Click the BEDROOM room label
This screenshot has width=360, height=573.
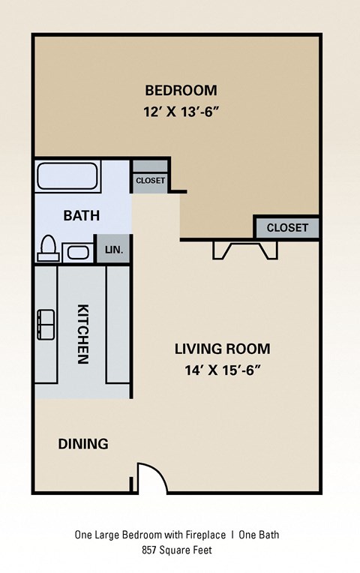181,91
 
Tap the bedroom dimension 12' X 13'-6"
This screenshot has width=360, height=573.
181,112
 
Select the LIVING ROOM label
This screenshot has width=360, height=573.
222,349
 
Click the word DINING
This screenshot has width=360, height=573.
83,444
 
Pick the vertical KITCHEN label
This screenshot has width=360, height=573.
83,333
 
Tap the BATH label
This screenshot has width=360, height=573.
81,216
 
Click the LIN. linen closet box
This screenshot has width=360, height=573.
114,249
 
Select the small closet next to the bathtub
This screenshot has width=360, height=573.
150,180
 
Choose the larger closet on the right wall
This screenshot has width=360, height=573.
287,227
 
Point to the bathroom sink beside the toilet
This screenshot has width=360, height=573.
77,251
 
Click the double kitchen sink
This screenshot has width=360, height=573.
46,324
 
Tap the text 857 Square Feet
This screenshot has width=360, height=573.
180,550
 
